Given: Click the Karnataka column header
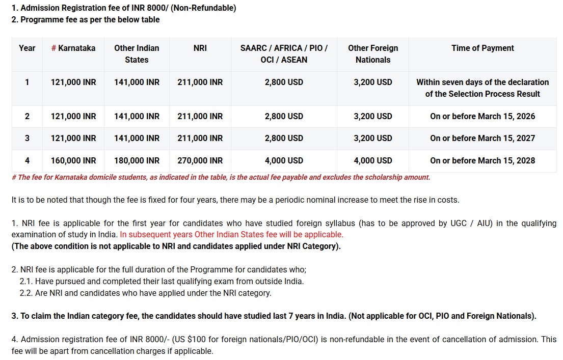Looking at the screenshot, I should (73, 48).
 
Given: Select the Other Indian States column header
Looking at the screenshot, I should (137, 53).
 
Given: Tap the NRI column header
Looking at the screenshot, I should (200, 48).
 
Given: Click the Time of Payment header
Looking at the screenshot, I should (482, 48).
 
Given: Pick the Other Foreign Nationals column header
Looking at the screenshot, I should (373, 53).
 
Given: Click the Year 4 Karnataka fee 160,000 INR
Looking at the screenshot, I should (73, 160).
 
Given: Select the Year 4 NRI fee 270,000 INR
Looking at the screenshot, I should (200, 160).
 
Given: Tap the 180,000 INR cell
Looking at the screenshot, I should (137, 160).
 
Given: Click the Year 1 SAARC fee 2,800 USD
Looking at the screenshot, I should (284, 82).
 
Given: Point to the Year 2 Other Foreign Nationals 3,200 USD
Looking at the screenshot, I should (373, 116).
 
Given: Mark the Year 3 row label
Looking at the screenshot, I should (27, 138).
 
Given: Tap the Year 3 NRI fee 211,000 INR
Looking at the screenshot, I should (200, 138).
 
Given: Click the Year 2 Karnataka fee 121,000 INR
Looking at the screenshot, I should (73, 116).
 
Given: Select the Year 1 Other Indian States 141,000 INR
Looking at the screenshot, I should (137, 82).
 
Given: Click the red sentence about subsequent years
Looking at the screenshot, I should (231, 235).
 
